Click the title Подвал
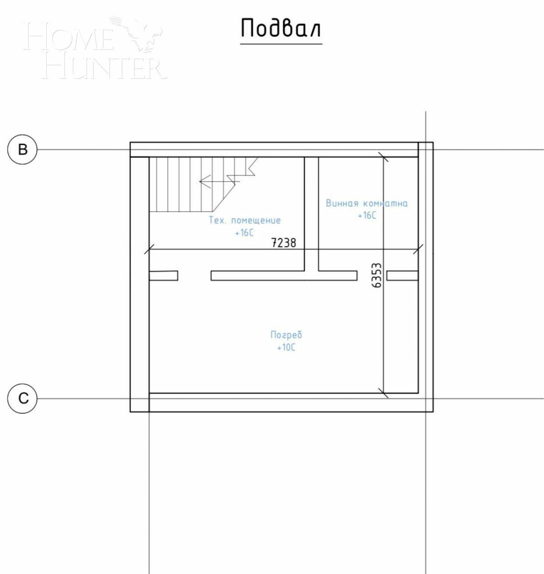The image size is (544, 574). pyautogui.click(x=281, y=28)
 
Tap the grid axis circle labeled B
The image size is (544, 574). pyautogui.click(x=22, y=149)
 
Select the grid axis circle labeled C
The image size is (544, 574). pyautogui.click(x=22, y=398)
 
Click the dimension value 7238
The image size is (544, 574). pyautogui.click(x=283, y=243)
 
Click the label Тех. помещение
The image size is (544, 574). pyautogui.click(x=244, y=221)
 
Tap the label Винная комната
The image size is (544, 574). pyautogui.click(x=366, y=203)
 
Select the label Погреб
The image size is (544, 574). pyautogui.click(x=286, y=335)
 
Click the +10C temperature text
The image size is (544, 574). pyautogui.click(x=286, y=348)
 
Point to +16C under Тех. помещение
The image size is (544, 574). pyautogui.click(x=244, y=233)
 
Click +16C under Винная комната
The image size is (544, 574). pyautogui.click(x=367, y=216)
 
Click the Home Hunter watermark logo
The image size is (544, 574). pyautogui.click(x=95, y=50)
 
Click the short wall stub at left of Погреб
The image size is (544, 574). pyautogui.click(x=163, y=275)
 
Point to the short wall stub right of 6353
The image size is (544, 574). pyautogui.click(x=402, y=275)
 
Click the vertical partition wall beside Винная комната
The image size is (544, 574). pyautogui.click(x=311, y=213)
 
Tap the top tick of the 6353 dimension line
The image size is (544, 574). pyautogui.click(x=384, y=157)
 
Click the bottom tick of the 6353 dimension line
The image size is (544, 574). pyautogui.click(x=384, y=393)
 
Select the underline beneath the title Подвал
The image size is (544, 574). pyautogui.click(x=281, y=44)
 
